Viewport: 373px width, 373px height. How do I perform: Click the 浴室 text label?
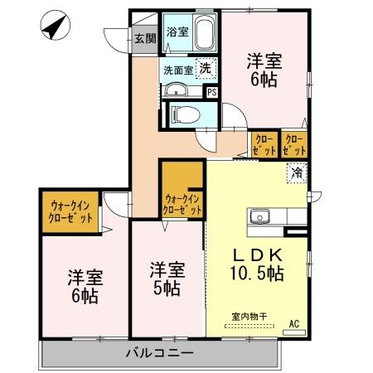point(176,33)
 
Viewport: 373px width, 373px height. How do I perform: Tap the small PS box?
point(212,92)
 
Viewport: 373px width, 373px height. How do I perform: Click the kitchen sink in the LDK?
point(260,217)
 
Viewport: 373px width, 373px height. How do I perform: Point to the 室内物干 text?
point(249,316)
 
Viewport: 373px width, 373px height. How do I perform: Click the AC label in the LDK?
point(293,323)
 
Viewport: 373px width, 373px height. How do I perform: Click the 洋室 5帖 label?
point(166,279)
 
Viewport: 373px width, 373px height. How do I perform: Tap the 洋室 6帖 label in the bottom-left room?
point(83,286)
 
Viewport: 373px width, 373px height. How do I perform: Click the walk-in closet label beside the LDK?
point(183,204)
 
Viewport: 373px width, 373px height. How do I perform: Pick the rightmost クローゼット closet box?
point(294,145)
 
